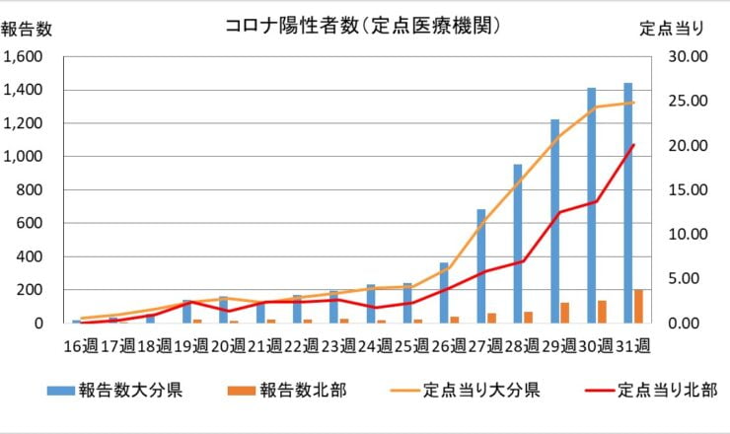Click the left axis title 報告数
(x=26, y=30)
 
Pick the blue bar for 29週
(x=554, y=221)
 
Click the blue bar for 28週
(x=517, y=244)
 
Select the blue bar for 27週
(x=480, y=265)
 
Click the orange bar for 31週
(x=638, y=306)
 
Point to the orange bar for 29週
(x=565, y=312)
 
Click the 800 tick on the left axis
(x=33, y=190)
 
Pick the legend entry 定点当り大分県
(x=467, y=390)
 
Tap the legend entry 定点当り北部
(x=651, y=390)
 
